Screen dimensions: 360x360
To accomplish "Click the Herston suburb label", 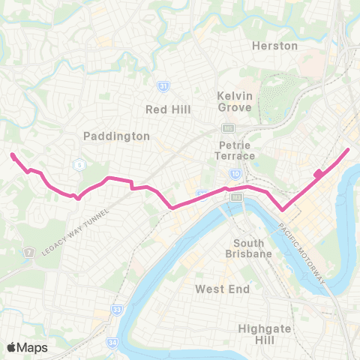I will tap(275, 46).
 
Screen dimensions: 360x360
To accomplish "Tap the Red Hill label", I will tap(168, 109).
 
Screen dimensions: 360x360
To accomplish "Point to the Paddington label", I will tap(116, 136).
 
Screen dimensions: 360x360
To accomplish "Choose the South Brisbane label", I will tap(253, 248).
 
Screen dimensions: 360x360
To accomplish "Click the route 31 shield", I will tap(163, 87).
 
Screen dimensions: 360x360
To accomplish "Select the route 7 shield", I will tap(28, 251).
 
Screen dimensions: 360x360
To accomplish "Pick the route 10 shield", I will tap(235, 174).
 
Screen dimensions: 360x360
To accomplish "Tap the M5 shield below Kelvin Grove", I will tap(226, 128).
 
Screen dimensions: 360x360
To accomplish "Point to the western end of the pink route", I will tap(12, 155).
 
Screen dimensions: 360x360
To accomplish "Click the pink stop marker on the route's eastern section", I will tap(318, 174).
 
